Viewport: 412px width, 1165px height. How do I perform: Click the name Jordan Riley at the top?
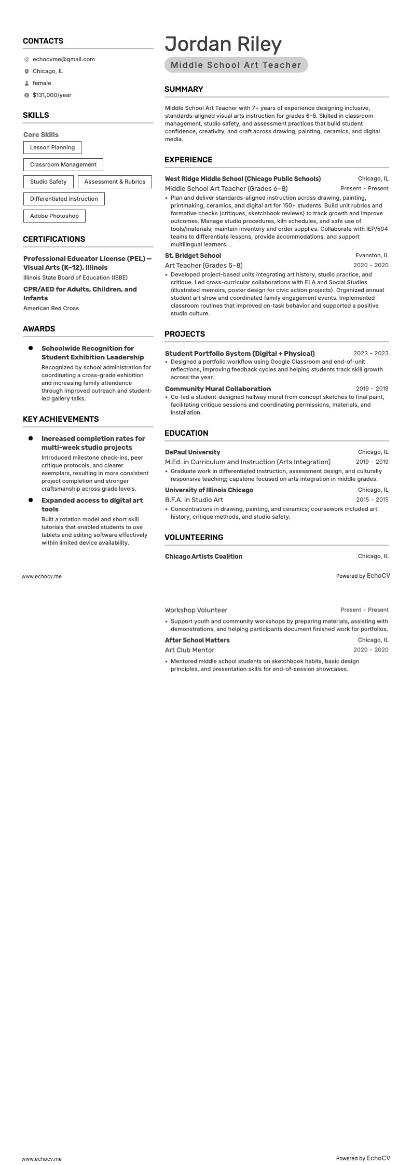coord(223,44)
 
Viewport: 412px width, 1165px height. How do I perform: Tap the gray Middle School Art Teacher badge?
coord(236,65)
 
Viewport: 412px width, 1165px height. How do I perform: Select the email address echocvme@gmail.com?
coord(63,59)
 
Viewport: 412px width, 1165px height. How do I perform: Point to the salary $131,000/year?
coord(52,95)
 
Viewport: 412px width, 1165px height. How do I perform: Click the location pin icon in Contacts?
coord(26,71)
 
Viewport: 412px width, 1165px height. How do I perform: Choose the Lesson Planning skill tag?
coord(52,147)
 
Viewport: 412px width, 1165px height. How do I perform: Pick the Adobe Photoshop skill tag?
coord(54,216)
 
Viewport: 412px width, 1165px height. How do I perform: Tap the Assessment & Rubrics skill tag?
coord(115,182)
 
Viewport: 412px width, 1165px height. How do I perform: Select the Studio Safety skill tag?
coord(48,182)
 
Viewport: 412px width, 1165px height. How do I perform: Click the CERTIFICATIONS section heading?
coord(54,239)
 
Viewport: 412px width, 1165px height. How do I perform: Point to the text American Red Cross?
coord(51,308)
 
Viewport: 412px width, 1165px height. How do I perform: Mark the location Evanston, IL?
coord(372,255)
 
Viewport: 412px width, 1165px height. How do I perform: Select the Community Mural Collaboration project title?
coord(218,389)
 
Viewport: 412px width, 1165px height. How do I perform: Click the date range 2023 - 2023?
coord(371,353)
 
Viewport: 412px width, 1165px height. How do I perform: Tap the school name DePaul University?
coord(193,452)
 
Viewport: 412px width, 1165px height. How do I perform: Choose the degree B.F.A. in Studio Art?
coord(194,500)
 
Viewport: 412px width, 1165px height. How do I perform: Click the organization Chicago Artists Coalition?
coord(203,556)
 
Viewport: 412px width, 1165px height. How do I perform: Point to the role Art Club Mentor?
coord(189,650)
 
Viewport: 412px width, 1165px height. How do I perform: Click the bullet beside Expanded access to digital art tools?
coord(31,500)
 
